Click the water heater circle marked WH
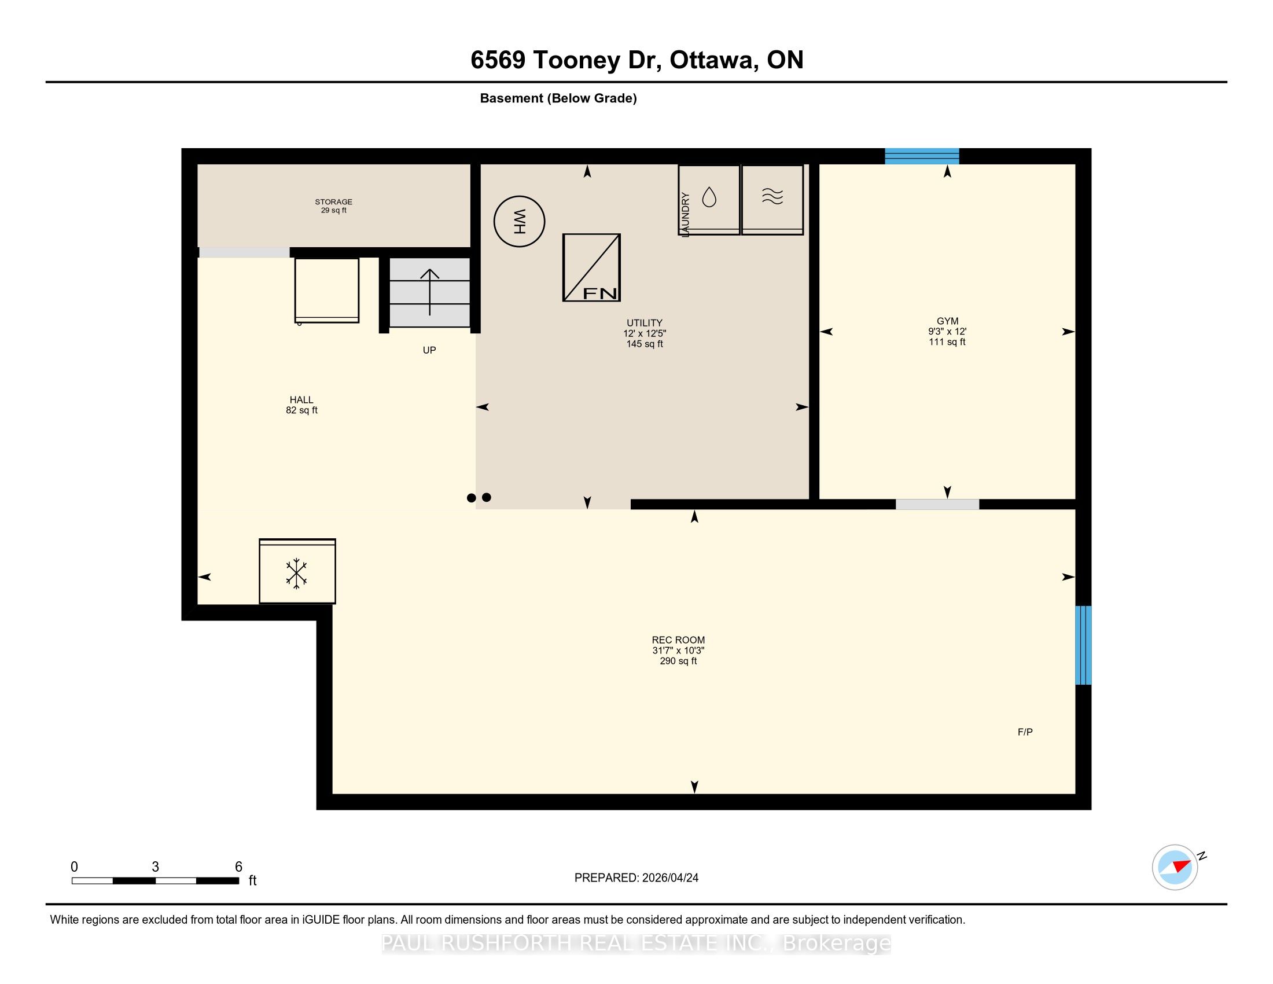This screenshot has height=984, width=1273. [x=519, y=222]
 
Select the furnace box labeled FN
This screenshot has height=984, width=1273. [x=591, y=267]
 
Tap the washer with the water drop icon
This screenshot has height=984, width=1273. [x=709, y=199]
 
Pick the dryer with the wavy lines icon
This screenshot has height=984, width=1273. [x=772, y=199]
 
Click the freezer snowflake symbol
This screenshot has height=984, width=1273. [x=296, y=573]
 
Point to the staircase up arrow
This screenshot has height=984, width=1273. [x=429, y=292]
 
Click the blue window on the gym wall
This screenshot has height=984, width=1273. [x=922, y=156]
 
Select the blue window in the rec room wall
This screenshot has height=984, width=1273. [x=1083, y=645]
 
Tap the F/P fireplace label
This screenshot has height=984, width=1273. [x=1025, y=732]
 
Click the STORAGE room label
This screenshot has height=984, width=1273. [x=333, y=201]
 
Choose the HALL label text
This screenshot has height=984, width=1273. [x=301, y=400]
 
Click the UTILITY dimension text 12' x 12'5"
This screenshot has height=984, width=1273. [x=644, y=333]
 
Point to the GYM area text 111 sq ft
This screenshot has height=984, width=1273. [x=947, y=342]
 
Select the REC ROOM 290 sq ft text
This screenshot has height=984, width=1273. [x=678, y=661]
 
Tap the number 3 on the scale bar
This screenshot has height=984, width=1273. [x=155, y=867]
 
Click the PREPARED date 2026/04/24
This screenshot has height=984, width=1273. [x=669, y=878]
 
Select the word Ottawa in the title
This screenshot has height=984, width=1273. [x=713, y=60]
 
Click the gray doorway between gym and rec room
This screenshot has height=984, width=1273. [x=937, y=504]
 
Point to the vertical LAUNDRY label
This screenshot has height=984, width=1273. [x=686, y=215]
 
